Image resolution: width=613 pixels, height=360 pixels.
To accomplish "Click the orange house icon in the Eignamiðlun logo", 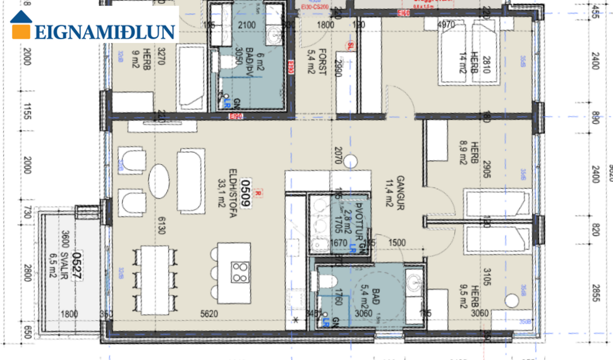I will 22,26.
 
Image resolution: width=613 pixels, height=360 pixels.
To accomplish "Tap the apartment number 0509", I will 240,194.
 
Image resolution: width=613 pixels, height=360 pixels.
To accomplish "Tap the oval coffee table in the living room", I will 159,182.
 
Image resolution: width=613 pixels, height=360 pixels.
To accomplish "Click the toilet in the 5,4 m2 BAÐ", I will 327,281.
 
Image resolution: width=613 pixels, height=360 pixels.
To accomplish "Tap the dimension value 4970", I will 446,26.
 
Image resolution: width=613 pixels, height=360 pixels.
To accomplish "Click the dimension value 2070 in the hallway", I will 337,155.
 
